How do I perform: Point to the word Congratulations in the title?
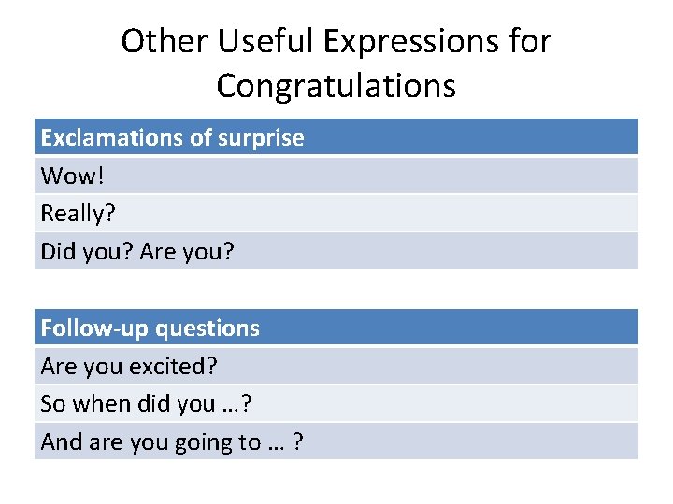pyautogui.click(x=336, y=86)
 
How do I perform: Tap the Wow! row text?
pyautogui.click(x=66, y=175)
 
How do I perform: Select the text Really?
pyautogui.click(x=78, y=214)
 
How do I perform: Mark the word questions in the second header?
pyautogui.click(x=208, y=329)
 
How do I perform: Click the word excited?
pyautogui.click(x=176, y=367)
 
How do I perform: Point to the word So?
pyautogui.click(x=52, y=404)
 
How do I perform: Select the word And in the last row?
pyautogui.click(x=62, y=442)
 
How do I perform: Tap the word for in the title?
pyautogui.click(x=531, y=41)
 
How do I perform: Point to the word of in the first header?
pyautogui.click(x=200, y=138)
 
